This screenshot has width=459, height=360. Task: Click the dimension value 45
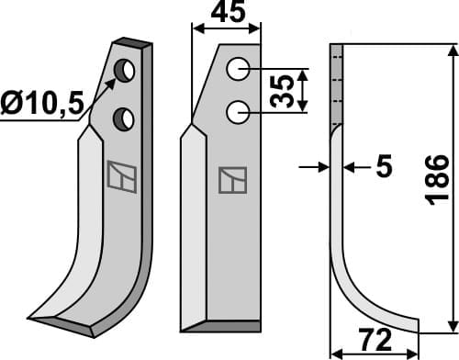[226, 15]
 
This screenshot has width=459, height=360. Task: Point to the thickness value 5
[383, 166]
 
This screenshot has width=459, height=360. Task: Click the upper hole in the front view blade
[239, 68]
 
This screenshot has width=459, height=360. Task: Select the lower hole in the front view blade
[239, 112]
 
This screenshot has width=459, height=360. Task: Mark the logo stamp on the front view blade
[232, 179]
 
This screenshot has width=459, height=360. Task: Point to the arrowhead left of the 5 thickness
[322, 167]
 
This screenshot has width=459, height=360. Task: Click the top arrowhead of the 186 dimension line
[451, 48]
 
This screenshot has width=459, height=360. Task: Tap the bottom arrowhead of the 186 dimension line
[451, 326]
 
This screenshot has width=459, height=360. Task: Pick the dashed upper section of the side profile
[336, 83]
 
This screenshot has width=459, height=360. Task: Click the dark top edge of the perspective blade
[133, 42]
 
